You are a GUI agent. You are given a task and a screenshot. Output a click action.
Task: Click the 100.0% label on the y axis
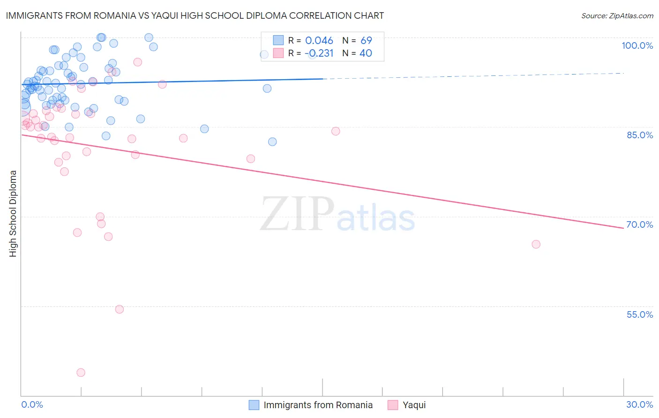point(637,45)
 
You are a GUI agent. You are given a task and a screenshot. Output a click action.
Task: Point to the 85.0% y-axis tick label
point(639,135)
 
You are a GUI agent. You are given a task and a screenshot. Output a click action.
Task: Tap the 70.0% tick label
point(639,224)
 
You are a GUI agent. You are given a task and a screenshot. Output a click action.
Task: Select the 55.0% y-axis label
point(639,314)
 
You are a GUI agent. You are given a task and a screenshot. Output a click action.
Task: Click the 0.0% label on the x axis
point(32,404)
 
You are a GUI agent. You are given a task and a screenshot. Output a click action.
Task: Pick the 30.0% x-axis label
point(639,404)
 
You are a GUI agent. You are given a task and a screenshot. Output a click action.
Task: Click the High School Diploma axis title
point(13,213)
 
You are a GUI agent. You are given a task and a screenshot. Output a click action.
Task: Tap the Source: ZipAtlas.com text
point(617,16)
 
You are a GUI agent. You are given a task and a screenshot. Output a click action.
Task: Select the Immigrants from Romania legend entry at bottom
point(318,405)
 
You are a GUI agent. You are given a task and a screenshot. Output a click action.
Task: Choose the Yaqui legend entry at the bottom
point(414,405)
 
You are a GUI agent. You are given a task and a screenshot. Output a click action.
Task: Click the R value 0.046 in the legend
point(319,41)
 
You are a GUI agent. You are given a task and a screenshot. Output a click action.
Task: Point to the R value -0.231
point(319,53)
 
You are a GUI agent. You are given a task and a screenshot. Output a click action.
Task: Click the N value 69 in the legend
point(366,41)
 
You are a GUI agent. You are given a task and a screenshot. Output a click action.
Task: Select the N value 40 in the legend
point(366,53)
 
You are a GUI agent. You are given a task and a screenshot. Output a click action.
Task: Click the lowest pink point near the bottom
point(81,373)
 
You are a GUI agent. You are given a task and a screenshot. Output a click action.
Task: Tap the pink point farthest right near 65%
point(536,244)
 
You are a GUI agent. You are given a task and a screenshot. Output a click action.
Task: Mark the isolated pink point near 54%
point(120,309)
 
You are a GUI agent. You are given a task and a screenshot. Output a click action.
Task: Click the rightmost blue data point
point(272,142)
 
